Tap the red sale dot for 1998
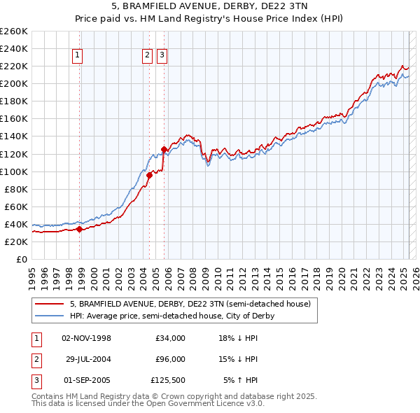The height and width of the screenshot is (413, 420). pyautogui.click(x=80, y=229)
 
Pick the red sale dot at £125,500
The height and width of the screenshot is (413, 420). pyautogui.click(x=164, y=149)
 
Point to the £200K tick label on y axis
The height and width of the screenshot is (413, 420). pyautogui.click(x=14, y=83)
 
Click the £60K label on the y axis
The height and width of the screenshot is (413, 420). pyautogui.click(x=17, y=206)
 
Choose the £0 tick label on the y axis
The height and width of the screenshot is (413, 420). pyautogui.click(x=22, y=259)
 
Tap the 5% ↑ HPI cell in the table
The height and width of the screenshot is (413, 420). pyautogui.click(x=241, y=380)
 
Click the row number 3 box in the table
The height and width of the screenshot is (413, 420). pyautogui.click(x=36, y=380)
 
